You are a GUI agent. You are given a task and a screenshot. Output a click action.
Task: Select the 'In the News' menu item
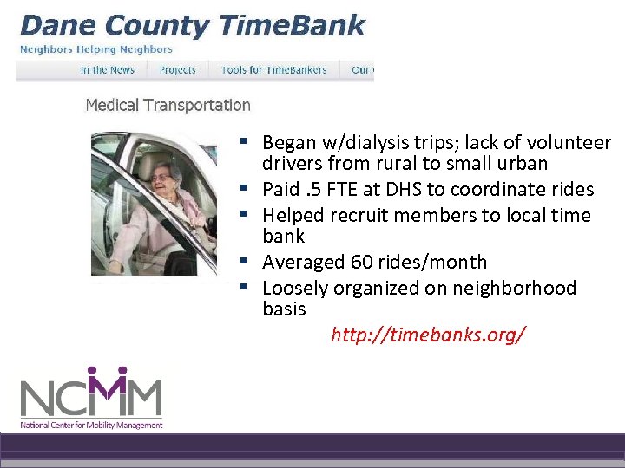tap(108, 70)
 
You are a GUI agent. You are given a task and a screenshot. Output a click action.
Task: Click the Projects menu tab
tap(178, 70)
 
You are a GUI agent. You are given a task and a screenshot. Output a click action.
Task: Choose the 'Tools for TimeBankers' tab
tap(273, 70)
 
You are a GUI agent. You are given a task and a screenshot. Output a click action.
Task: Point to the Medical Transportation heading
tap(168, 105)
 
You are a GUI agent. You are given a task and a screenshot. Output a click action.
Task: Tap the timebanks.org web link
tap(428, 335)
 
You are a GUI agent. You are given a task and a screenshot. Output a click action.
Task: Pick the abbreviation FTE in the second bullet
tap(350, 189)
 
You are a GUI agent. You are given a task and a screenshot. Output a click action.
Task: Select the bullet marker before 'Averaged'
tap(247, 261)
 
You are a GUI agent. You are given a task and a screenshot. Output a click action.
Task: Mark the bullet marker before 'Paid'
tap(247, 188)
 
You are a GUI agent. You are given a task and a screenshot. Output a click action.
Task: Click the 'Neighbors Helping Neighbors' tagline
tap(95, 49)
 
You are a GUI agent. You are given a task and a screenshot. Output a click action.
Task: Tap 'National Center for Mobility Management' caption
tap(91, 426)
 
